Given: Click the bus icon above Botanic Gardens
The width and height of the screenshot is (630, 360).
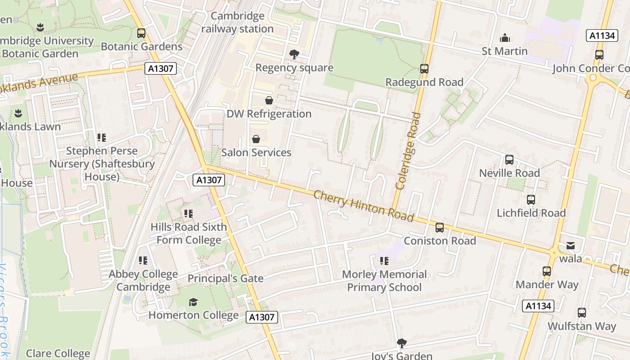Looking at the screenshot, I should [x=141, y=33].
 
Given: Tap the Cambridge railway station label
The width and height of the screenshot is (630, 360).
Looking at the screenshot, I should [x=237, y=22].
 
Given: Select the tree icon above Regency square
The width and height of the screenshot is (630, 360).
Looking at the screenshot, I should [x=294, y=54].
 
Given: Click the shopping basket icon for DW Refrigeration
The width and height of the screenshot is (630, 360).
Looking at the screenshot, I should [x=269, y=100].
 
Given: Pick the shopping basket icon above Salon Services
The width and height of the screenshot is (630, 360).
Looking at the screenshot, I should [x=256, y=139].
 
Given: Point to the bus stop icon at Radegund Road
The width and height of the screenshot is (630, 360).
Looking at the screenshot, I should [x=424, y=69].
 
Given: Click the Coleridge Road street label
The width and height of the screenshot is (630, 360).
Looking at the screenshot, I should [x=408, y=151].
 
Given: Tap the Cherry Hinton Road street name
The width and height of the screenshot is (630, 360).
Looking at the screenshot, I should [x=363, y=206].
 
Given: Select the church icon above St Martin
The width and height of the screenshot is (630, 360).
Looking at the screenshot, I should [x=505, y=38].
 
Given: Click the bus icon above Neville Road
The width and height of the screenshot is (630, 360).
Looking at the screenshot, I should [x=509, y=160].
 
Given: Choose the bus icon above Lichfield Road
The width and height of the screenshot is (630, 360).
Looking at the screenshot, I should [x=531, y=200].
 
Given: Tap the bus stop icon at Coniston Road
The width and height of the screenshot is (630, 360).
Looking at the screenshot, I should [x=439, y=228].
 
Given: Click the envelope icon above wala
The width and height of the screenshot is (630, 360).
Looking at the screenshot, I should [x=571, y=246].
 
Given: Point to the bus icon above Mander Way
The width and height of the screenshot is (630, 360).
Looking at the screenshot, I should [x=547, y=271].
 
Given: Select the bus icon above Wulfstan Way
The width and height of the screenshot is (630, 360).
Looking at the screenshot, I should [x=582, y=313].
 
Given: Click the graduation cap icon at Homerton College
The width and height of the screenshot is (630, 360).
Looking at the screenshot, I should [x=193, y=302].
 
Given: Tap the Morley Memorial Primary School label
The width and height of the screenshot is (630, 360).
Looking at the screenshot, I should [x=384, y=281].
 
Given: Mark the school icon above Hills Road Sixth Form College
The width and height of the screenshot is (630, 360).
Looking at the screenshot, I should [x=188, y=214].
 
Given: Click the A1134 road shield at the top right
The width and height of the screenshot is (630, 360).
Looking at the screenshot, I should [x=602, y=36].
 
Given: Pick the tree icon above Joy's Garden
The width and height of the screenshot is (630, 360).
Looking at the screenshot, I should [x=401, y=343].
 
